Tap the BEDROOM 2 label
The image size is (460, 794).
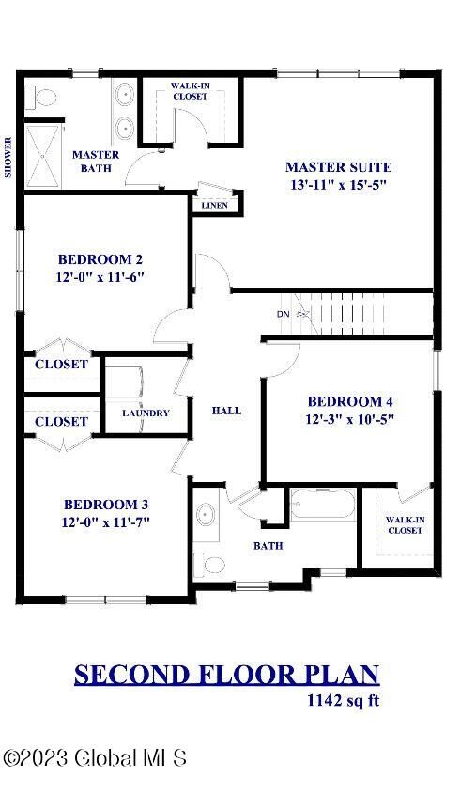pyautogui.click(x=100, y=259)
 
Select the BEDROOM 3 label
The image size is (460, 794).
pyautogui.click(x=105, y=504)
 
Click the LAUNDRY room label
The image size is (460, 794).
pyautogui.click(x=146, y=413)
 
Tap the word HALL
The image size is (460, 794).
pyautogui.click(x=226, y=411)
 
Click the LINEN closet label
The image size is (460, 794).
pyautogui.click(x=213, y=205)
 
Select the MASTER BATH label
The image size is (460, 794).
pyautogui.click(x=95, y=162)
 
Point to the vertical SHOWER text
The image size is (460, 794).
pyautogui.click(x=9, y=157)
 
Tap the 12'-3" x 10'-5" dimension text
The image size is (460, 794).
pyautogui.click(x=350, y=419)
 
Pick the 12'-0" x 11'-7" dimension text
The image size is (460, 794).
pyautogui.click(x=105, y=522)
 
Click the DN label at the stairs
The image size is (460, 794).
pyautogui.click(x=283, y=314)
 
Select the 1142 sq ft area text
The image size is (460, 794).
pyautogui.click(x=344, y=700)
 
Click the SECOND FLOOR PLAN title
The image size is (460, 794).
pyautogui.click(x=226, y=674)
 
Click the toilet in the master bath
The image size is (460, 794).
pyautogui.click(x=36, y=98)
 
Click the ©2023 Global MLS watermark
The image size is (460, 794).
pyautogui.click(x=94, y=757)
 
